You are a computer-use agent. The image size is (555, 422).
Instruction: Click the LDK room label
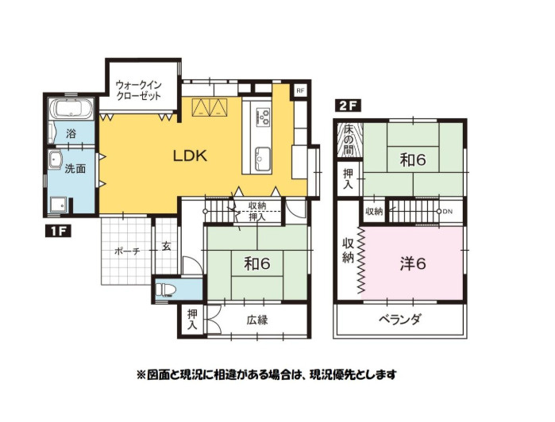click(x=190, y=155)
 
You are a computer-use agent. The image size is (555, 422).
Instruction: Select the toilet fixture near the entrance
click(x=167, y=288)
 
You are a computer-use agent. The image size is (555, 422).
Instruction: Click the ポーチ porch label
click(x=127, y=251)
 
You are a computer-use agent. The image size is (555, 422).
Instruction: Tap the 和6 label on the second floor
click(x=413, y=159)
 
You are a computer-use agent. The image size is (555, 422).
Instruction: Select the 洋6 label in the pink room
click(x=413, y=263)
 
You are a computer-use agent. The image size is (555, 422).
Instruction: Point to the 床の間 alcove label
click(x=348, y=140)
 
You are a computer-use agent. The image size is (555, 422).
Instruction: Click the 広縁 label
click(x=256, y=320)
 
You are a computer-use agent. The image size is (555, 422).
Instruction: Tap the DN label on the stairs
click(x=447, y=212)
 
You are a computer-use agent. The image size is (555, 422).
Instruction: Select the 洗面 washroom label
click(x=76, y=169)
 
